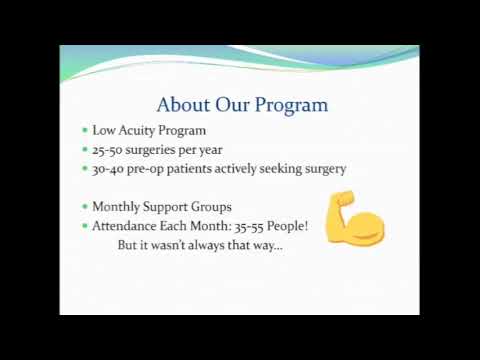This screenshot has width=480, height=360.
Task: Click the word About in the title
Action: click(x=183, y=104)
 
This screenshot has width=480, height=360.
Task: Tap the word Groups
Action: click(x=210, y=207)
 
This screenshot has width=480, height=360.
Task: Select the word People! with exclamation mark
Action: click(x=286, y=226)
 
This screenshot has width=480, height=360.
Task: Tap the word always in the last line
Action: click(x=216, y=244)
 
